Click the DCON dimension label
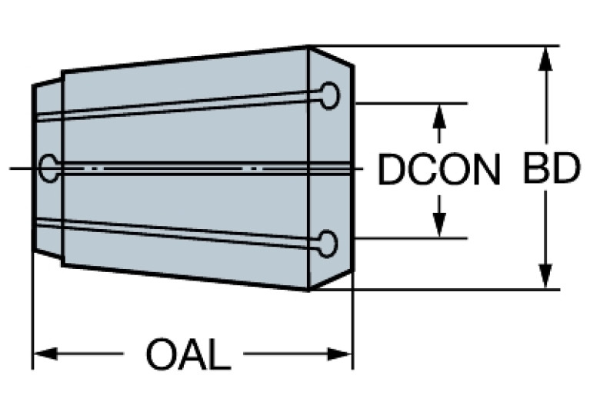(x=439, y=170)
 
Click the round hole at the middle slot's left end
(x=49, y=168)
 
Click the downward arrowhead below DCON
(x=439, y=225)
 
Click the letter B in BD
(x=536, y=170)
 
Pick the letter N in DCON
(x=485, y=170)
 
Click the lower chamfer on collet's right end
(x=332, y=278)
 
